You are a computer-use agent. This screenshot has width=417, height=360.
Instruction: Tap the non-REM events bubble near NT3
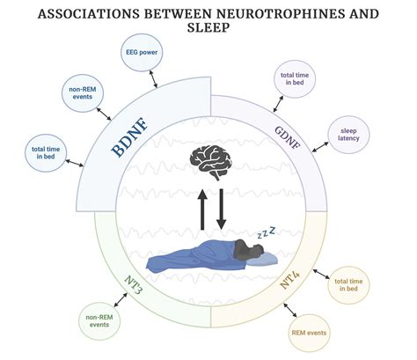[x=100, y=319]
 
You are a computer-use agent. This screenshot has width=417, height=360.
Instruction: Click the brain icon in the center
[x=208, y=162]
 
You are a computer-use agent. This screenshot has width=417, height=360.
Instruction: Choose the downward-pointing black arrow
[x=220, y=206]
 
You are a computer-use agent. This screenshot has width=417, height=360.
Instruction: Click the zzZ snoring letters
[x=266, y=233]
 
